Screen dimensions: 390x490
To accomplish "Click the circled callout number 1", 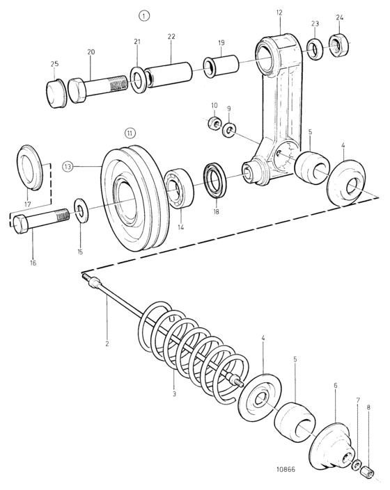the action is click(144, 16).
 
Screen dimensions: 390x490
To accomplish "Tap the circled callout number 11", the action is click(130, 133).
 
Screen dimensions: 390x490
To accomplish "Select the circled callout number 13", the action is click(68, 166).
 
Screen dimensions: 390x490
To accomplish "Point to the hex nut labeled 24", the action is click(339, 46).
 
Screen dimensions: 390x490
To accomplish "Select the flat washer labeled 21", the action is click(137, 79).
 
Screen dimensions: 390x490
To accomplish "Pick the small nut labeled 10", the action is click(214, 122).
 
